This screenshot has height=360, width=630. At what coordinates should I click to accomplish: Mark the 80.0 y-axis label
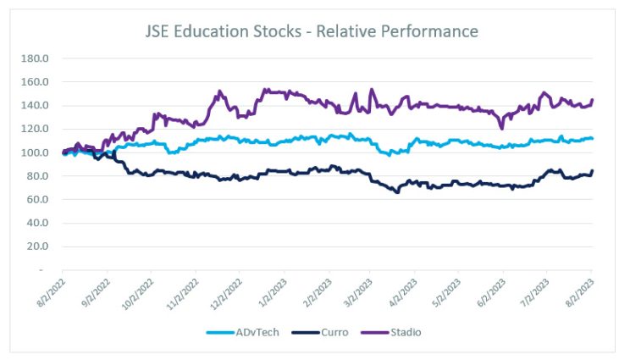coord(36,176)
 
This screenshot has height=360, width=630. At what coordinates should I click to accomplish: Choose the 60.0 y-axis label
coord(36,200)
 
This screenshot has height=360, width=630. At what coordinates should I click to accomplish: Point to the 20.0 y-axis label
coord(36,246)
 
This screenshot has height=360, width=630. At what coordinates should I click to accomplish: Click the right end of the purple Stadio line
coord(592,100)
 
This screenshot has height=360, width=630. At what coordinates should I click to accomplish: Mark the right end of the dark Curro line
coord(592,171)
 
